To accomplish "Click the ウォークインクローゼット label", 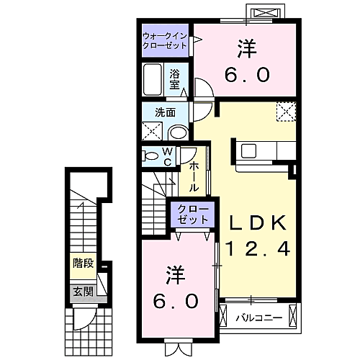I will [x=165, y=40].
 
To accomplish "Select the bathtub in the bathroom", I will [x=153, y=78].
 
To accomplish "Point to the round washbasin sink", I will [x=178, y=132].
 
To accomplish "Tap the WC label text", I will [x=166, y=156].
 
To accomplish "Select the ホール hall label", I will [x=194, y=177].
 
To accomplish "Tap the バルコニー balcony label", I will [x=255, y=315].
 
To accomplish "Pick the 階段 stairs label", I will [x=82, y=263].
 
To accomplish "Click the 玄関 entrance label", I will [x=82, y=292].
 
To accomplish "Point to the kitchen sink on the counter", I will [x=248, y=150].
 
